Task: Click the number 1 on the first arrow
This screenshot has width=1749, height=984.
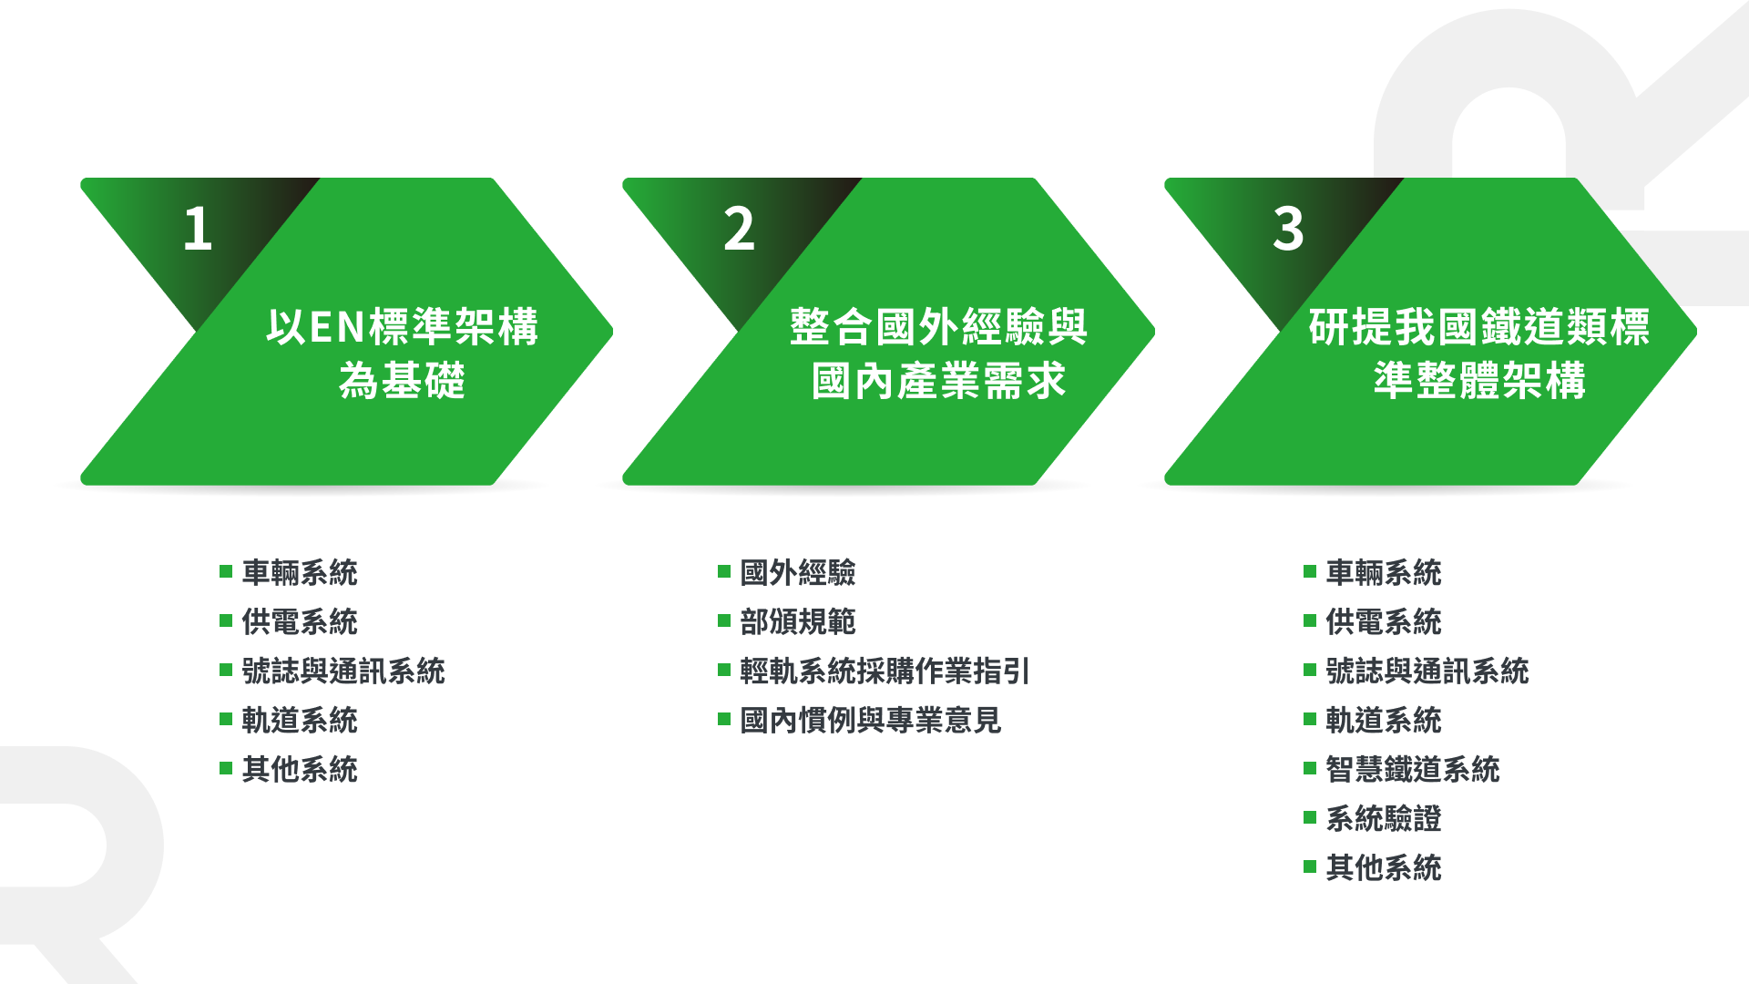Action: (198, 228)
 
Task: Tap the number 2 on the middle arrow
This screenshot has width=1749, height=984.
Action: (739, 228)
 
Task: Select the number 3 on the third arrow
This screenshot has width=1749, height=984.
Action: (1288, 228)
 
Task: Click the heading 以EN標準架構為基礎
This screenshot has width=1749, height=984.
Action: (402, 354)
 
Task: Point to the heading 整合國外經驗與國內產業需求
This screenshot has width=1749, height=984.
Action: (938, 354)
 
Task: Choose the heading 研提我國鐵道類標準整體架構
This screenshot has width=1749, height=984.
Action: (1479, 354)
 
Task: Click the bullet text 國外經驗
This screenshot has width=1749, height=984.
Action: (798, 573)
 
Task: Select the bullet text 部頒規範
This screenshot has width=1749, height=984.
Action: (798, 622)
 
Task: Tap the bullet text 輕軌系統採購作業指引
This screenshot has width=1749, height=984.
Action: (885, 671)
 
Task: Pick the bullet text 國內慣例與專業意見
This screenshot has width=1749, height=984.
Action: (871, 721)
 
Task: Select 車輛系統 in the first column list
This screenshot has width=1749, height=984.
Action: (300, 573)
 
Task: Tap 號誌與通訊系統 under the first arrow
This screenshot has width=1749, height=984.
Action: (343, 671)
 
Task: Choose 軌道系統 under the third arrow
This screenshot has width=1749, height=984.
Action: (1383, 721)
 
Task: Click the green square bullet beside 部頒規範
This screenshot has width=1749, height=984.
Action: (724, 621)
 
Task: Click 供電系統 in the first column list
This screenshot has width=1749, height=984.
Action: (300, 622)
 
